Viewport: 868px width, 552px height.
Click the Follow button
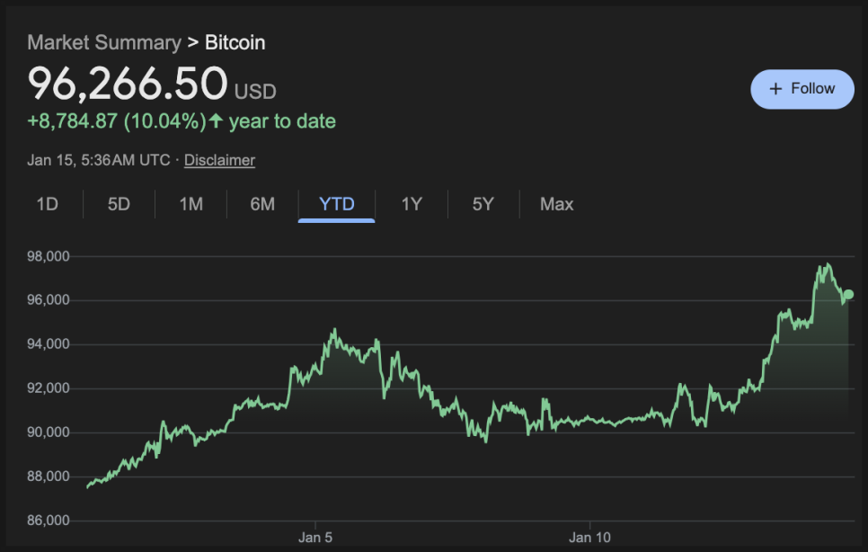coord(802,89)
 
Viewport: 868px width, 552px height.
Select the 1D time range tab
coord(47,204)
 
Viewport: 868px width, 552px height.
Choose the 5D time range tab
coord(119,204)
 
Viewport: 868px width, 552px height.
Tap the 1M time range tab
coord(190,204)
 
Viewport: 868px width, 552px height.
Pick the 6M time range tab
coord(262,204)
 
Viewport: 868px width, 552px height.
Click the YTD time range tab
coord(337,204)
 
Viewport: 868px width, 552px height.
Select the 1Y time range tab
coord(412,204)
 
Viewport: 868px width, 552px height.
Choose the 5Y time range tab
coord(483,204)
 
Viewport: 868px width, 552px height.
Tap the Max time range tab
coord(556,204)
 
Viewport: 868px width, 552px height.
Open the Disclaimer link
coord(219,160)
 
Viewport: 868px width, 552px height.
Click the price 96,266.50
coord(128,84)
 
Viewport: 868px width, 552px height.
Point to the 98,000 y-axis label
coord(49,256)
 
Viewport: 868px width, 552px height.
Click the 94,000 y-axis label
coord(49,344)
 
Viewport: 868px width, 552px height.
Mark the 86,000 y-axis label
coord(49,521)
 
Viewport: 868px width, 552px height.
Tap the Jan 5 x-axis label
coord(315,538)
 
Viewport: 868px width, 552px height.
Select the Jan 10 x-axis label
coord(589,538)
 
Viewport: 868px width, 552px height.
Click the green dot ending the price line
coord(848,294)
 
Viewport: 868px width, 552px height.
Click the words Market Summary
coord(103,42)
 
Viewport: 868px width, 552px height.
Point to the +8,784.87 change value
coord(73,120)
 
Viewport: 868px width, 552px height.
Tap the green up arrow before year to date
coord(216,120)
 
